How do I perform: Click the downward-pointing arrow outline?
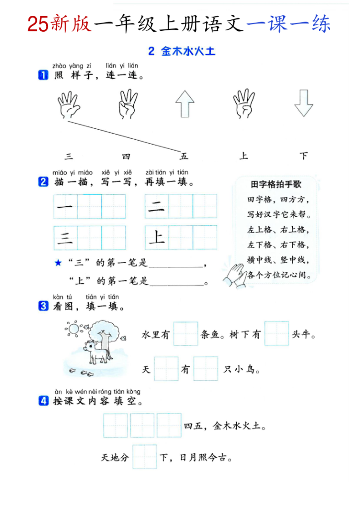click(303, 103)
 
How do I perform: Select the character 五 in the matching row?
click(184, 156)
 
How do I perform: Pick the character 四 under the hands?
click(126, 156)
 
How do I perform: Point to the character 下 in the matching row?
click(303, 156)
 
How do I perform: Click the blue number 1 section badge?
click(43, 76)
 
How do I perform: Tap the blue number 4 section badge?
click(43, 401)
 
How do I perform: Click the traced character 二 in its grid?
click(157, 206)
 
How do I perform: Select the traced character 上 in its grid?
click(157, 238)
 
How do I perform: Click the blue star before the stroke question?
click(58, 263)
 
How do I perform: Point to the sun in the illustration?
click(74, 329)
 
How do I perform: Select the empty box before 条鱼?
click(185, 334)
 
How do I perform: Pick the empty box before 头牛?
click(276, 334)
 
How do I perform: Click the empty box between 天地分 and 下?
click(144, 457)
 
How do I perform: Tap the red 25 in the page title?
click(38, 24)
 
